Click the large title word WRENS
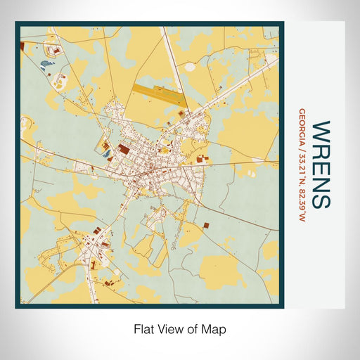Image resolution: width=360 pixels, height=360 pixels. pos(321,165)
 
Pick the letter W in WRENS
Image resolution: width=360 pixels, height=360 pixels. pos(321,131)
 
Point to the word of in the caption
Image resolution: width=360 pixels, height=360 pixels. pos(193,328)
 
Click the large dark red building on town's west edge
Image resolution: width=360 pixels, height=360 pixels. pos(123,149)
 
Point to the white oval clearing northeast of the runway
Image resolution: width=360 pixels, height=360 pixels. pos(190,67)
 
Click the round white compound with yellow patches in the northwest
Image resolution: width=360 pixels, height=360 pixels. pos(53,50)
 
